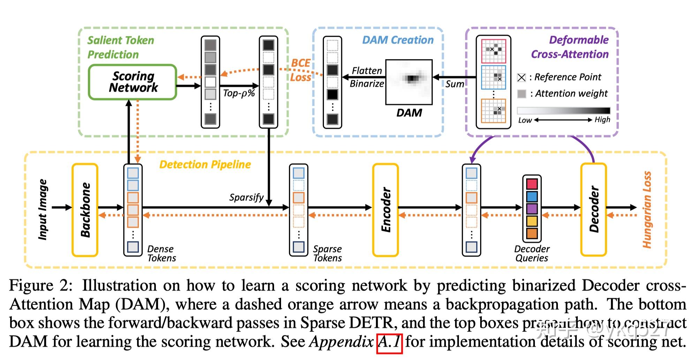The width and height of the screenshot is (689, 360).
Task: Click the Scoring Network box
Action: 132,82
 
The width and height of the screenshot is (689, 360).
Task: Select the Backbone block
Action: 85,210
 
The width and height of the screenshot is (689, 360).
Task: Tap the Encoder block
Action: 385,210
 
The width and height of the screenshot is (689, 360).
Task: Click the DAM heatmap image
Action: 409,82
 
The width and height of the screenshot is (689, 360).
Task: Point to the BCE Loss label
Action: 300,70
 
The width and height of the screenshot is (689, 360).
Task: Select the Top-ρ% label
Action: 239,93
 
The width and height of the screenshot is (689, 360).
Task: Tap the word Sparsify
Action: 246,197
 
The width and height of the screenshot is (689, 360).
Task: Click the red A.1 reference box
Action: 389,344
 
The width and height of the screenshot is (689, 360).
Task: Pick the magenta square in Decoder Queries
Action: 532,184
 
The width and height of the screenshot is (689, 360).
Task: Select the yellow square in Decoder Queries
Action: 532,221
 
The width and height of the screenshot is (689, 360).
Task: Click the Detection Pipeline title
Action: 205,165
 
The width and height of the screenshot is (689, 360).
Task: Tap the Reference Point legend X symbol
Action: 521,77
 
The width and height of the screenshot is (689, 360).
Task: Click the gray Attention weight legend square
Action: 521,94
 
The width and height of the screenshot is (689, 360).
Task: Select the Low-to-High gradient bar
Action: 563,111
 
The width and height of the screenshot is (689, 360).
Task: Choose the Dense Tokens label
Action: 161,254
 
